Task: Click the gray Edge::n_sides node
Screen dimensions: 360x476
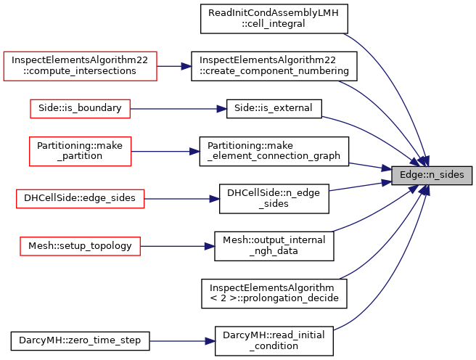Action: (432, 175)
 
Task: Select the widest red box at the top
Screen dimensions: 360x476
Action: (80, 66)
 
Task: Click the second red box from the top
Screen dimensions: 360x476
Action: (80, 109)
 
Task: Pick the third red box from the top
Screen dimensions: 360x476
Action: (81, 152)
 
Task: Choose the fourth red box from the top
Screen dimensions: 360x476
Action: (81, 199)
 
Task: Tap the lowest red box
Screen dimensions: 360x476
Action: (80, 247)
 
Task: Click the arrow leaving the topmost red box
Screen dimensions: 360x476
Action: (174, 66)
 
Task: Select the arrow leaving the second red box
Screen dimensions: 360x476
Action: (178, 109)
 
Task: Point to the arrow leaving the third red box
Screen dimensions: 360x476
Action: (165, 152)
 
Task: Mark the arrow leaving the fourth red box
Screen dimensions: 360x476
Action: (182, 199)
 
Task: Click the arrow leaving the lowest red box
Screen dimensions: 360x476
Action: (178, 246)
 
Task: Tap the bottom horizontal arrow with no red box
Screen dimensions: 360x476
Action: (182, 341)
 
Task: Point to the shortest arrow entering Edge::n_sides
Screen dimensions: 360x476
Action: (370, 166)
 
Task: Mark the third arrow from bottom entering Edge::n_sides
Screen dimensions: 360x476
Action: (377, 215)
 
